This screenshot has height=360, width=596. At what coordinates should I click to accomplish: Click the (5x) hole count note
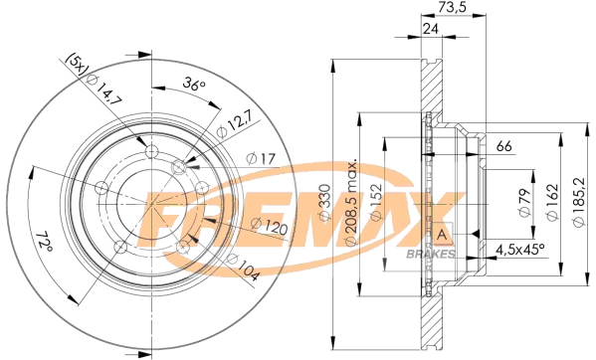click(76, 65)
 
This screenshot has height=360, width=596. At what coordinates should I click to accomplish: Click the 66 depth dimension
click(503, 148)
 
